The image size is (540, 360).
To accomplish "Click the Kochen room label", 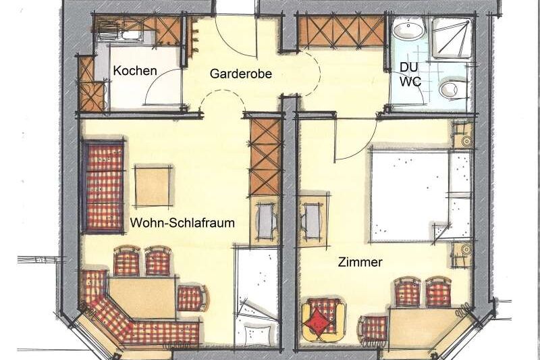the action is (135, 71).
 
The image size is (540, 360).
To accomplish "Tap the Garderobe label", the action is (241, 74).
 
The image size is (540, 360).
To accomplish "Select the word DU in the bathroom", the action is (409, 67).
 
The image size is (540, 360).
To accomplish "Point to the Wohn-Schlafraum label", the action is (182, 223).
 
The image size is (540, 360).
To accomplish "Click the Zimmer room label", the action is (360, 262).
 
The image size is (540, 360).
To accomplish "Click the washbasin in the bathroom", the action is (408, 28).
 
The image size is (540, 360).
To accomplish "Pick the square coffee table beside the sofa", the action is (153, 186).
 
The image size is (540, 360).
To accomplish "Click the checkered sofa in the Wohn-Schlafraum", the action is (103, 186).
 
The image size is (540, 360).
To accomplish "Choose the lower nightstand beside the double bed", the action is (462, 254).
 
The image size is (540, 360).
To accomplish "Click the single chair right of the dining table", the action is (192, 298).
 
